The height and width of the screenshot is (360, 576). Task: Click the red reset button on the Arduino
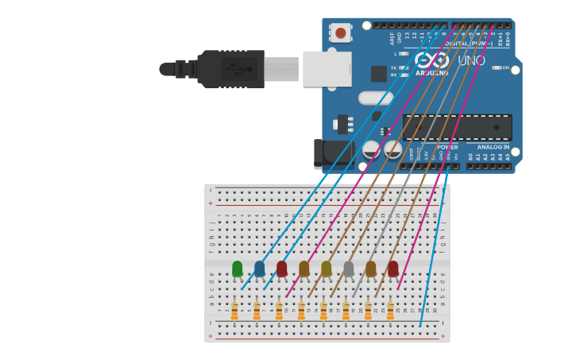[x=341, y=33]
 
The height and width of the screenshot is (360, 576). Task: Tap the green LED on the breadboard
[x=237, y=269]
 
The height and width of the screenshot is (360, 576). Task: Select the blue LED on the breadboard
[x=259, y=269]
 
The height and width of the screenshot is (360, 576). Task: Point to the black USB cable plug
[x=230, y=69]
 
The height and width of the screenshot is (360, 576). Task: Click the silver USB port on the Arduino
[x=327, y=69]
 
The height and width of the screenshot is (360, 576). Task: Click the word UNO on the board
[x=470, y=60]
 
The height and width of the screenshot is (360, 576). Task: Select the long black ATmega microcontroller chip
[x=457, y=126]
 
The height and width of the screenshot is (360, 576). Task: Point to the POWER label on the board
[x=446, y=147]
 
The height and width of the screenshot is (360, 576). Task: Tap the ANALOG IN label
[x=493, y=147]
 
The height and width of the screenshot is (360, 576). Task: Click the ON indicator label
[x=505, y=68]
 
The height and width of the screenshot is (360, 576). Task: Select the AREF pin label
[x=392, y=37]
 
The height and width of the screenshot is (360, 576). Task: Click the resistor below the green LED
[x=234, y=312]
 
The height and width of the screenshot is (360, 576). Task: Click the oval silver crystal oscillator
[x=375, y=99]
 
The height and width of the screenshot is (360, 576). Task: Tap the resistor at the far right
[x=390, y=312]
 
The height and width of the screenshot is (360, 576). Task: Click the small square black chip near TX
[x=379, y=73]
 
